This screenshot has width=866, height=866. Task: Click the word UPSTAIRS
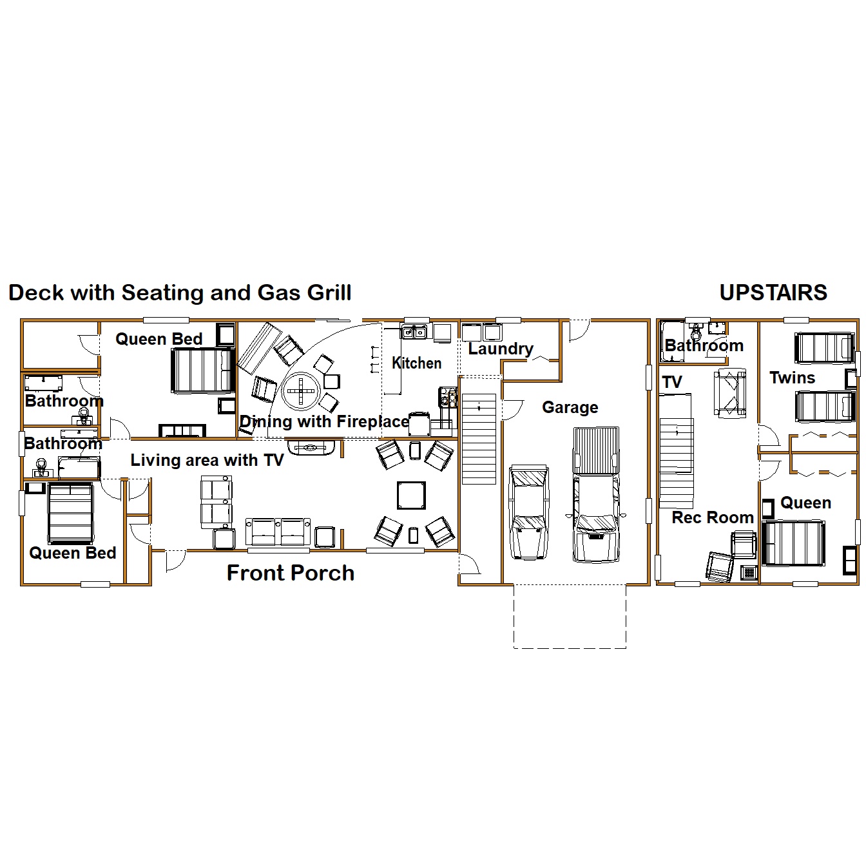click(x=773, y=293)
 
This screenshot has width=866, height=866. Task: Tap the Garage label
click(x=570, y=408)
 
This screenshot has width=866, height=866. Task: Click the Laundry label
click(x=501, y=349)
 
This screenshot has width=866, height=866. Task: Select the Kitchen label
click(x=417, y=363)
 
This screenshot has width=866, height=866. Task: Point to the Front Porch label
click(x=291, y=573)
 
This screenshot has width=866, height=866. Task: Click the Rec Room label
click(x=712, y=517)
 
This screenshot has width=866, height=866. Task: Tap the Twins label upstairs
click(x=793, y=378)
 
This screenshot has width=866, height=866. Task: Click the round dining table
click(x=301, y=391)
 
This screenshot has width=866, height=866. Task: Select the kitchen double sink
click(x=414, y=332)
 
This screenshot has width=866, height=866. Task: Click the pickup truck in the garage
click(x=596, y=494)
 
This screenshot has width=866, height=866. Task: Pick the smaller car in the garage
click(x=529, y=512)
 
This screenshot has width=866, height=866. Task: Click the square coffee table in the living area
click(x=411, y=496)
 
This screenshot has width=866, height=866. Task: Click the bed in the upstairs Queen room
click(x=793, y=543)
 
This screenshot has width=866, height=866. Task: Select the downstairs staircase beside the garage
click(x=479, y=439)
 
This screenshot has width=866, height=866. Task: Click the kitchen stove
click(x=448, y=398)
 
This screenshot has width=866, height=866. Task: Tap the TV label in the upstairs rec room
click(x=672, y=383)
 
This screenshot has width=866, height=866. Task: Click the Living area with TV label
click(x=207, y=460)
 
